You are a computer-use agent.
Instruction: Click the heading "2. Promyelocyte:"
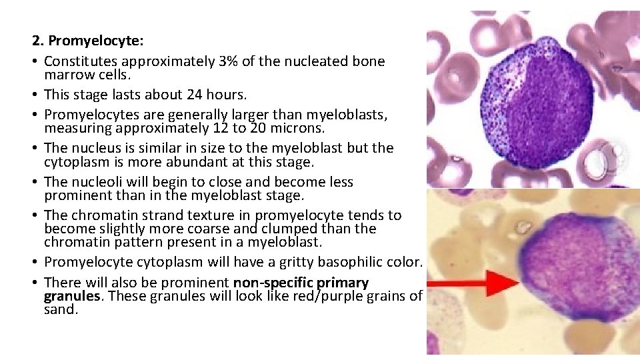pos(87,41)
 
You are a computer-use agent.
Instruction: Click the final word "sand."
pos(61,309)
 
